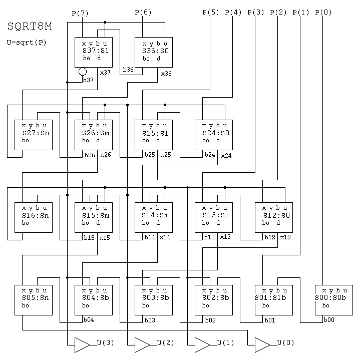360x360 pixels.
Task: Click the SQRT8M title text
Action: coord(31,26)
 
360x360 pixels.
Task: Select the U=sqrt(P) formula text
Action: coord(28,43)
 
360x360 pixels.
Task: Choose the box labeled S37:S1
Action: coord(93,52)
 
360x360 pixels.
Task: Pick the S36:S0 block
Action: coord(153,52)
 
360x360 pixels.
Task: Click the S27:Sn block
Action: coord(34,135)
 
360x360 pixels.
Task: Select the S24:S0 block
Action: coord(214,135)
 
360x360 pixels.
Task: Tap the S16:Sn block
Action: coord(34,217)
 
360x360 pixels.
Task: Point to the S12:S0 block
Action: coord(274,217)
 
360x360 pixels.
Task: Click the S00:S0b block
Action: coord(334,300)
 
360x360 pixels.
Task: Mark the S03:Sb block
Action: coord(153,300)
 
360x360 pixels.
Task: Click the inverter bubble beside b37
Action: coord(83,72)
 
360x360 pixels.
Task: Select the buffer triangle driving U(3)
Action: coord(81,344)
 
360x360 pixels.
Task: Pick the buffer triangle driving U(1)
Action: coord(201,344)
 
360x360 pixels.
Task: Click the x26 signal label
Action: coord(105,155)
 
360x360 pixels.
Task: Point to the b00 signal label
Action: coord(328,319)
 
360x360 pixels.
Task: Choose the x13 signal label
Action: coord(225,236)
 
